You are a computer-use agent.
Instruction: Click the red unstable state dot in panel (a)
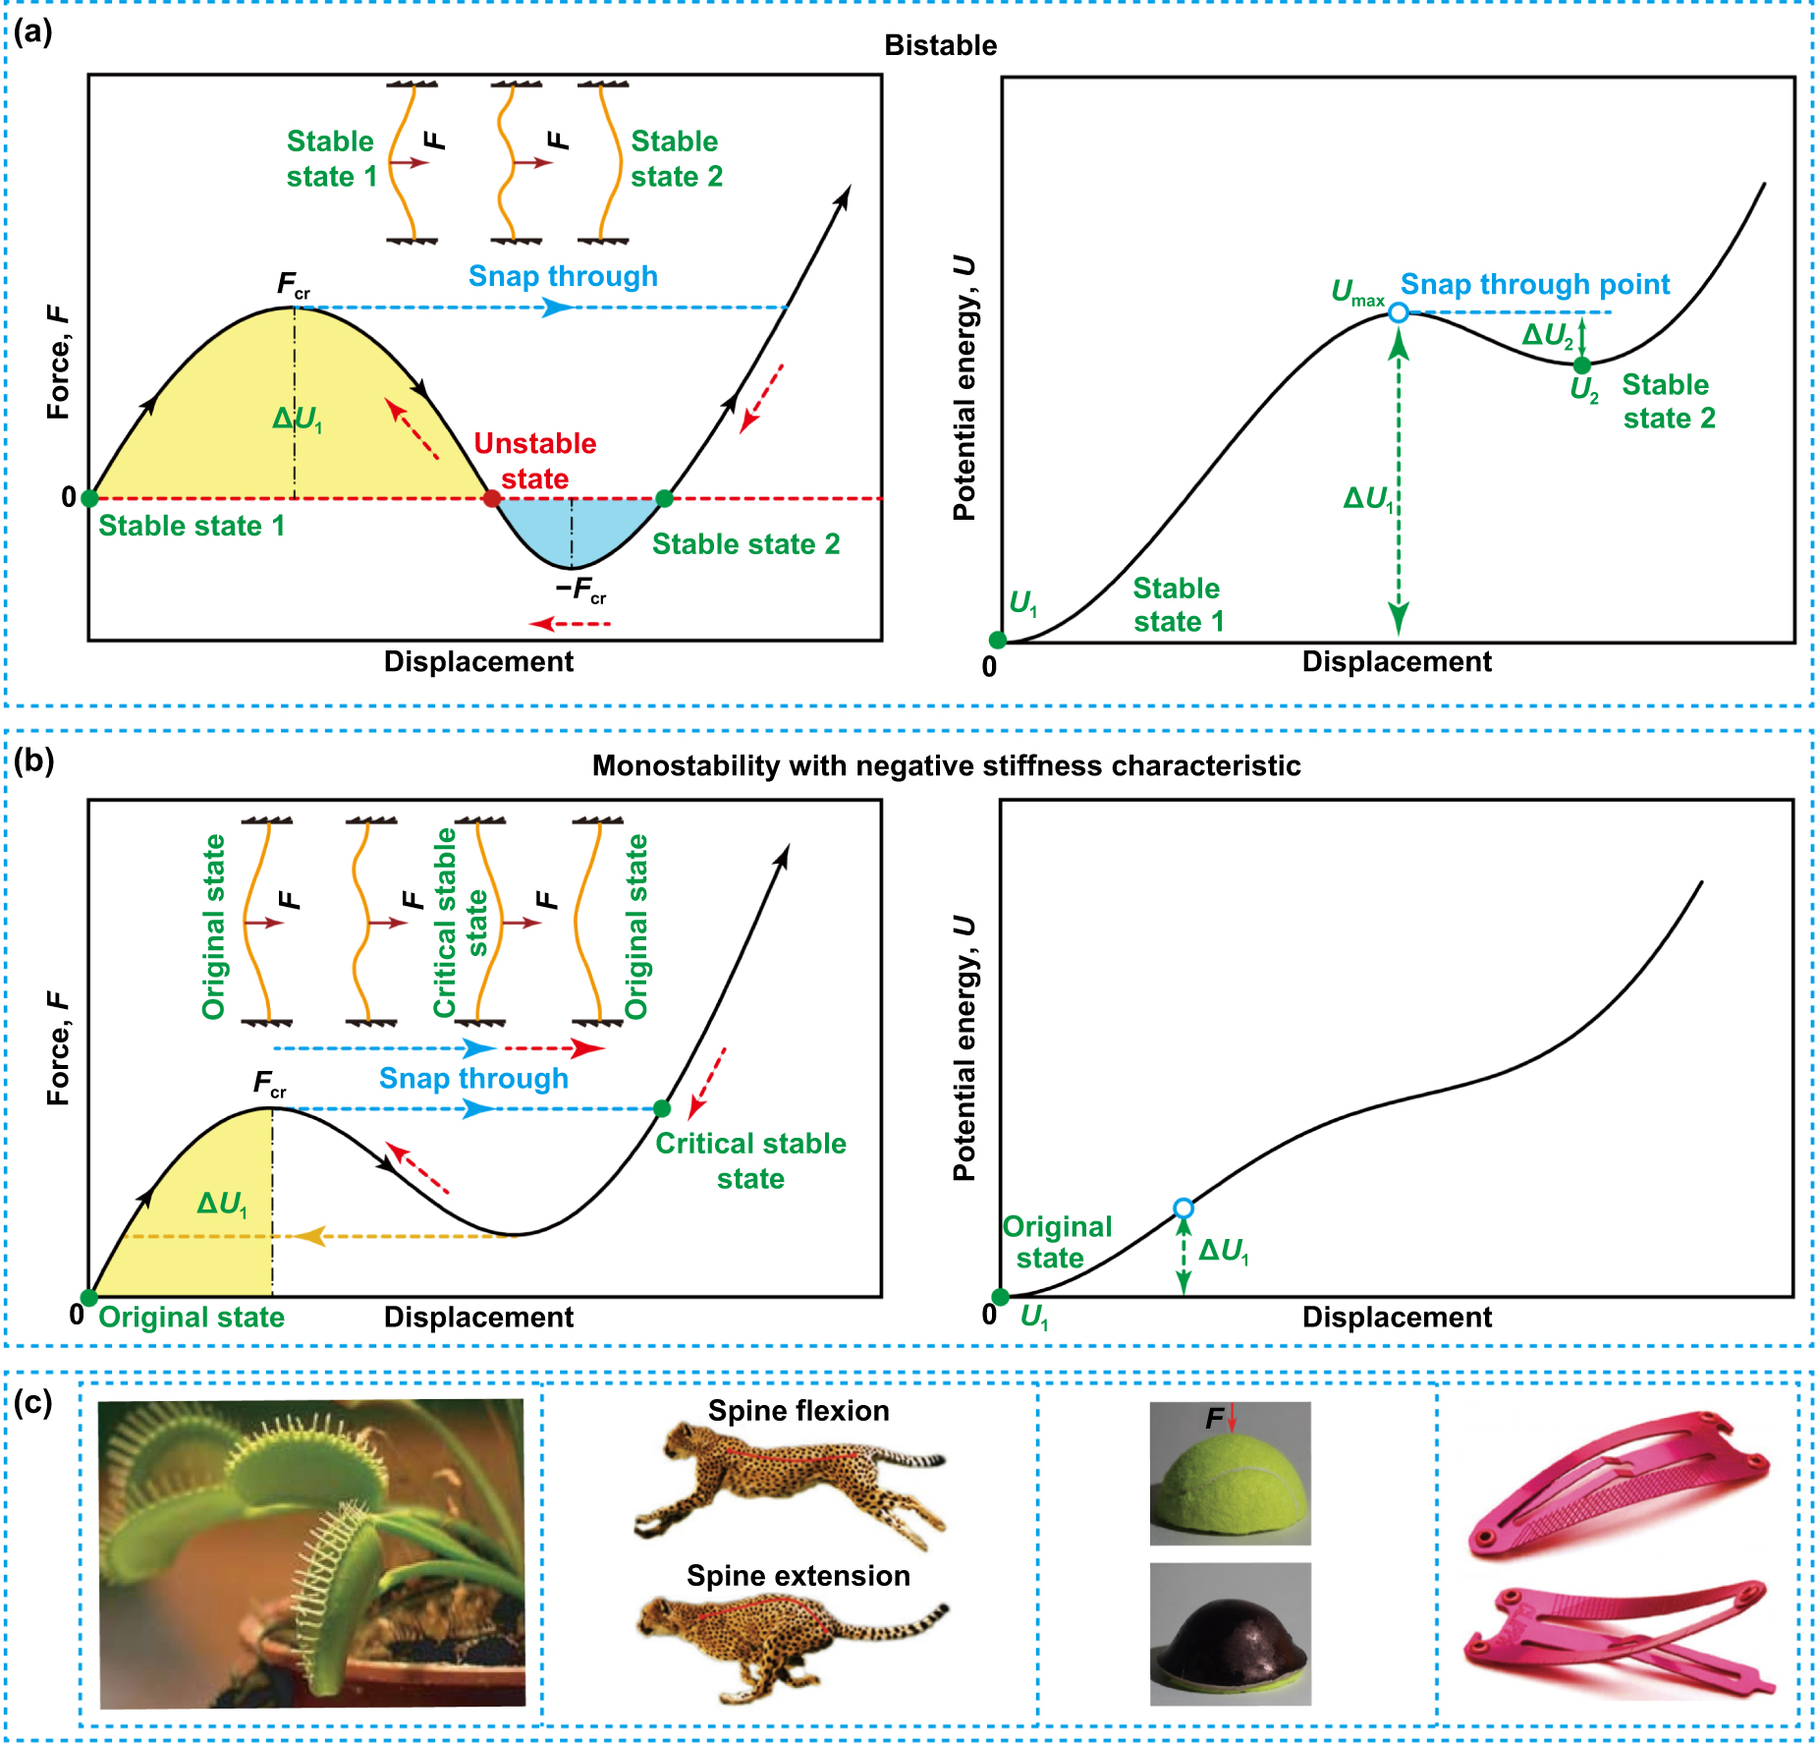pos(491,498)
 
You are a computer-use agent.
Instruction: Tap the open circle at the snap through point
pos(1399,312)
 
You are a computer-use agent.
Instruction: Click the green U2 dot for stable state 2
pos(1581,365)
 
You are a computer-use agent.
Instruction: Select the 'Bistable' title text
pos(940,45)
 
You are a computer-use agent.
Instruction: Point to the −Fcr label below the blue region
pos(580,590)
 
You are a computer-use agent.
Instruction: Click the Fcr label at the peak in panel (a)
pos(293,285)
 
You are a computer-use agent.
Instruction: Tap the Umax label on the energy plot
pos(1356,292)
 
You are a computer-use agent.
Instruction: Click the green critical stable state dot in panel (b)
pos(662,1108)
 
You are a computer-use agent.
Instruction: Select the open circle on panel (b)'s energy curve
pos(1184,1208)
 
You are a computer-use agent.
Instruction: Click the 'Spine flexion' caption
pos(799,1411)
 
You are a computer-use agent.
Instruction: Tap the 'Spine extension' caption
pos(798,1576)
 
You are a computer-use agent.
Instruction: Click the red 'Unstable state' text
pos(535,461)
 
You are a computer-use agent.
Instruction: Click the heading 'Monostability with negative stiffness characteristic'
pos(946,765)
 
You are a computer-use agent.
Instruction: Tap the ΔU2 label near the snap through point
pos(1547,335)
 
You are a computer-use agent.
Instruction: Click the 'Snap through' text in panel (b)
pos(473,1078)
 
